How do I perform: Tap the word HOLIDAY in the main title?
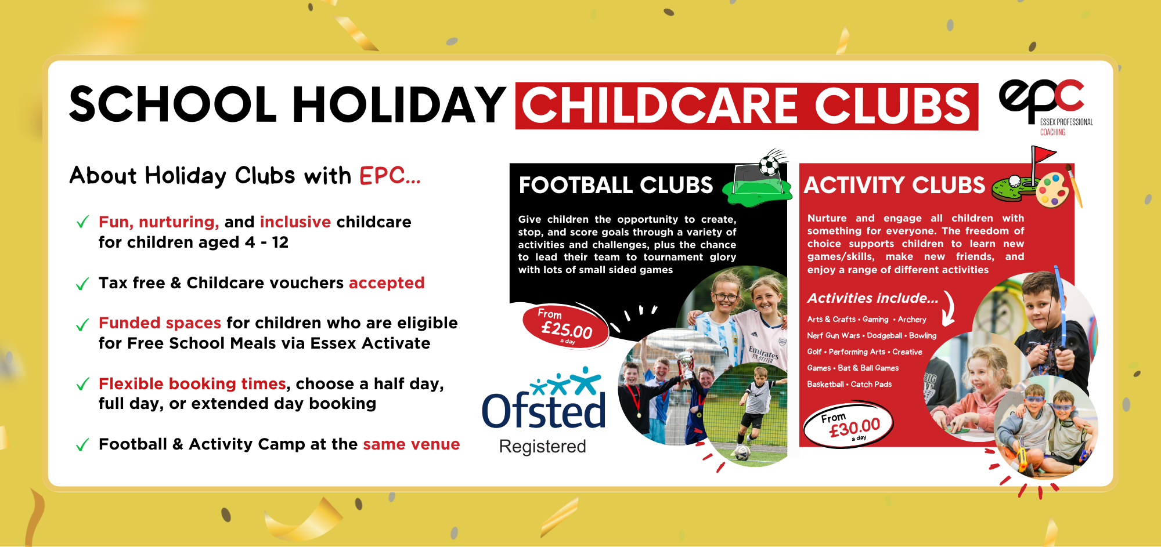coord(399,105)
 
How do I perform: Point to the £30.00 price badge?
coord(849,426)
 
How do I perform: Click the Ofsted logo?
coord(544,399)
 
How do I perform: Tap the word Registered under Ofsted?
coord(543,446)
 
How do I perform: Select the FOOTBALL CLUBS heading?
coord(616,185)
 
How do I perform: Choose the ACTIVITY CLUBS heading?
coord(895,185)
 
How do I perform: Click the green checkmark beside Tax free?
coord(82,284)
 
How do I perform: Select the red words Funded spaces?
coord(160,323)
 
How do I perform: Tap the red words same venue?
coord(412,444)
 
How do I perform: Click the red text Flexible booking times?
coord(192,383)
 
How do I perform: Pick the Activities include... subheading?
coord(872,298)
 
